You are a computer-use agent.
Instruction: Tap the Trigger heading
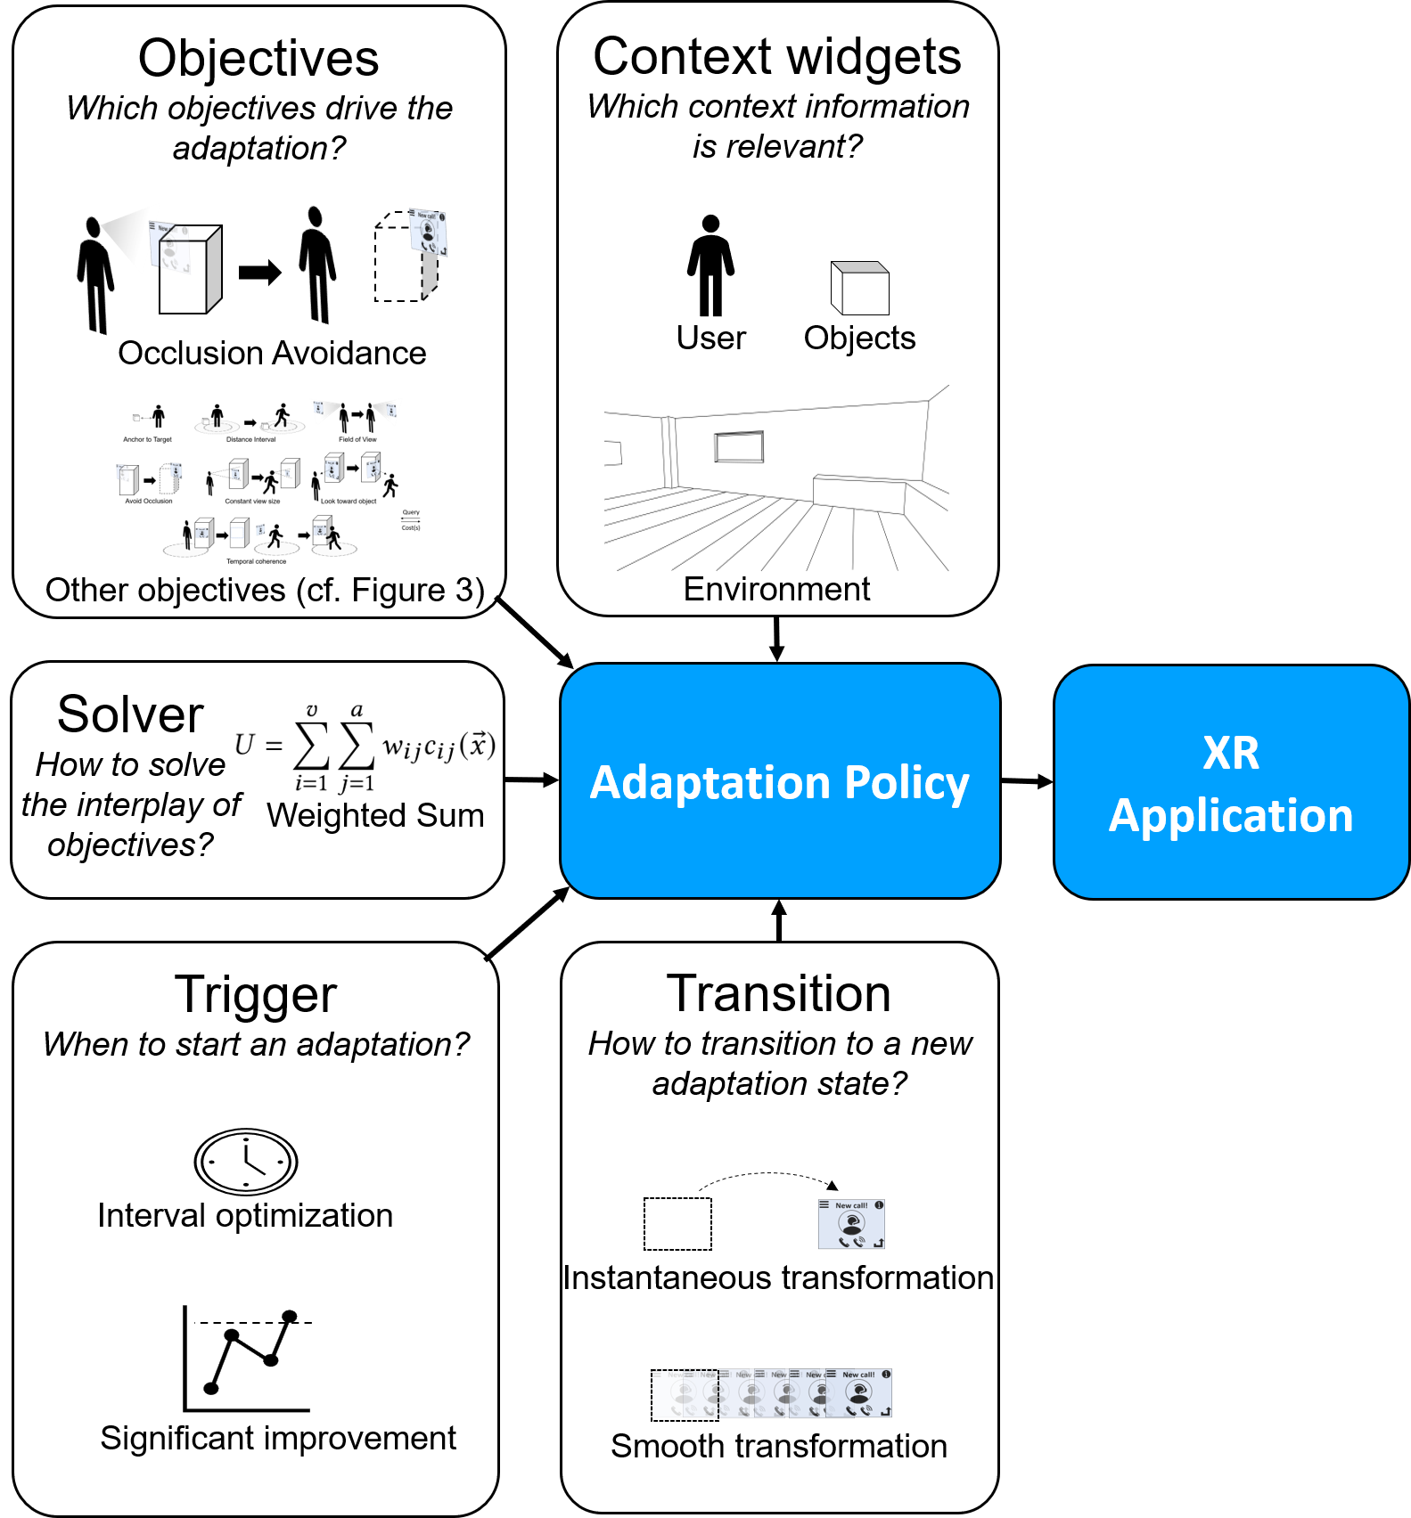pos(256,994)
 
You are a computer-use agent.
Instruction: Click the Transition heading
pos(779,993)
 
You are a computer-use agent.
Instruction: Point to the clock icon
pos(246,1162)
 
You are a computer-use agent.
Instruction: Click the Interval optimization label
pos(245,1216)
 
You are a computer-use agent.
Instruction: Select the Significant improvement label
pos(278,1439)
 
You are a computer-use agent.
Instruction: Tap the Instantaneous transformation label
pos(778,1278)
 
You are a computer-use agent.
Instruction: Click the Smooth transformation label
pos(779,1447)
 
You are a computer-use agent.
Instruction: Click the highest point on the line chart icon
pos(289,1317)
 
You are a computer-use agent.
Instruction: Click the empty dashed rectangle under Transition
pos(677,1224)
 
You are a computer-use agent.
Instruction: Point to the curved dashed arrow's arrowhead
pos(833,1186)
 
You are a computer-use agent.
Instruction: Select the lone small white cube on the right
pos(860,289)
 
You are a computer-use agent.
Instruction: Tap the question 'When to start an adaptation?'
pos(256,1045)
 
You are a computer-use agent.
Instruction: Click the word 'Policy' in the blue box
pos(906,784)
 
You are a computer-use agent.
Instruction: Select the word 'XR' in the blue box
pos(1231,754)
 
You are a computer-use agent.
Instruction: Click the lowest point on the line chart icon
pos(211,1388)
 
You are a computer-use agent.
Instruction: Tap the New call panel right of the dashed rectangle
pos(851,1224)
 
